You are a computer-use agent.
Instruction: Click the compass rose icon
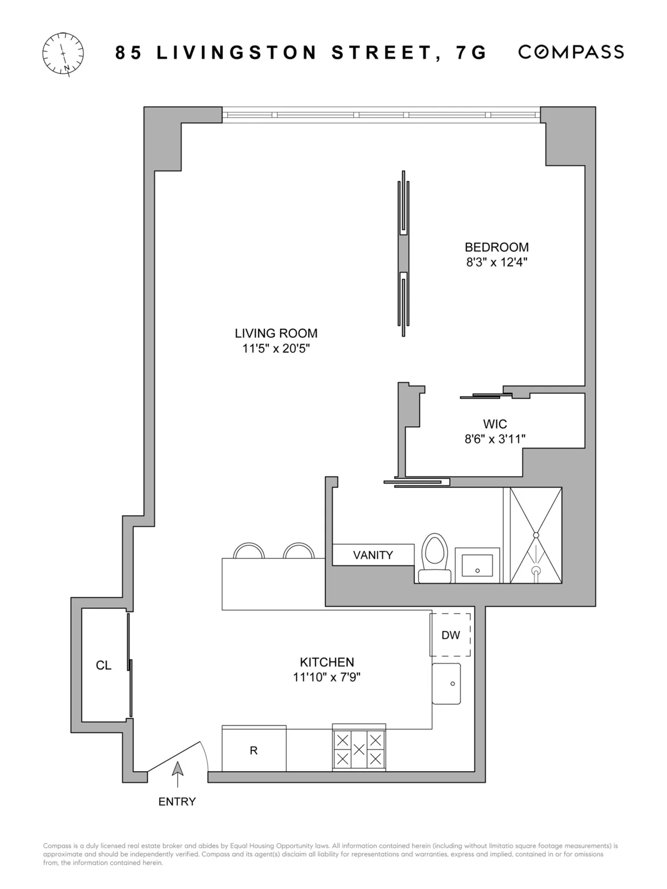[63, 53]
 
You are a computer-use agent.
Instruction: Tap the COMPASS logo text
[571, 52]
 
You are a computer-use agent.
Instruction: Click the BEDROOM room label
[496, 247]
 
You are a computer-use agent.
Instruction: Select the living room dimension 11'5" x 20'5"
[276, 349]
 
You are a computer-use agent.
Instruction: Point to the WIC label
[495, 424]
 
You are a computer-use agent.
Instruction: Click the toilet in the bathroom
[435, 558]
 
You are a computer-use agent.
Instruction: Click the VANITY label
[373, 555]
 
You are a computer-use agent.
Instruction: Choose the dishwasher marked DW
[451, 635]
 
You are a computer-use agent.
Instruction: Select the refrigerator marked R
[254, 751]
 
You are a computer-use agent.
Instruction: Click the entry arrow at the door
[177, 770]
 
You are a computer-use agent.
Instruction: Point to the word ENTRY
[177, 802]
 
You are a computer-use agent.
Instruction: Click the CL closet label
[103, 666]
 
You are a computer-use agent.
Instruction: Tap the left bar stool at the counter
[248, 551]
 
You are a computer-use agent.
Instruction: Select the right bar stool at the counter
[298, 551]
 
